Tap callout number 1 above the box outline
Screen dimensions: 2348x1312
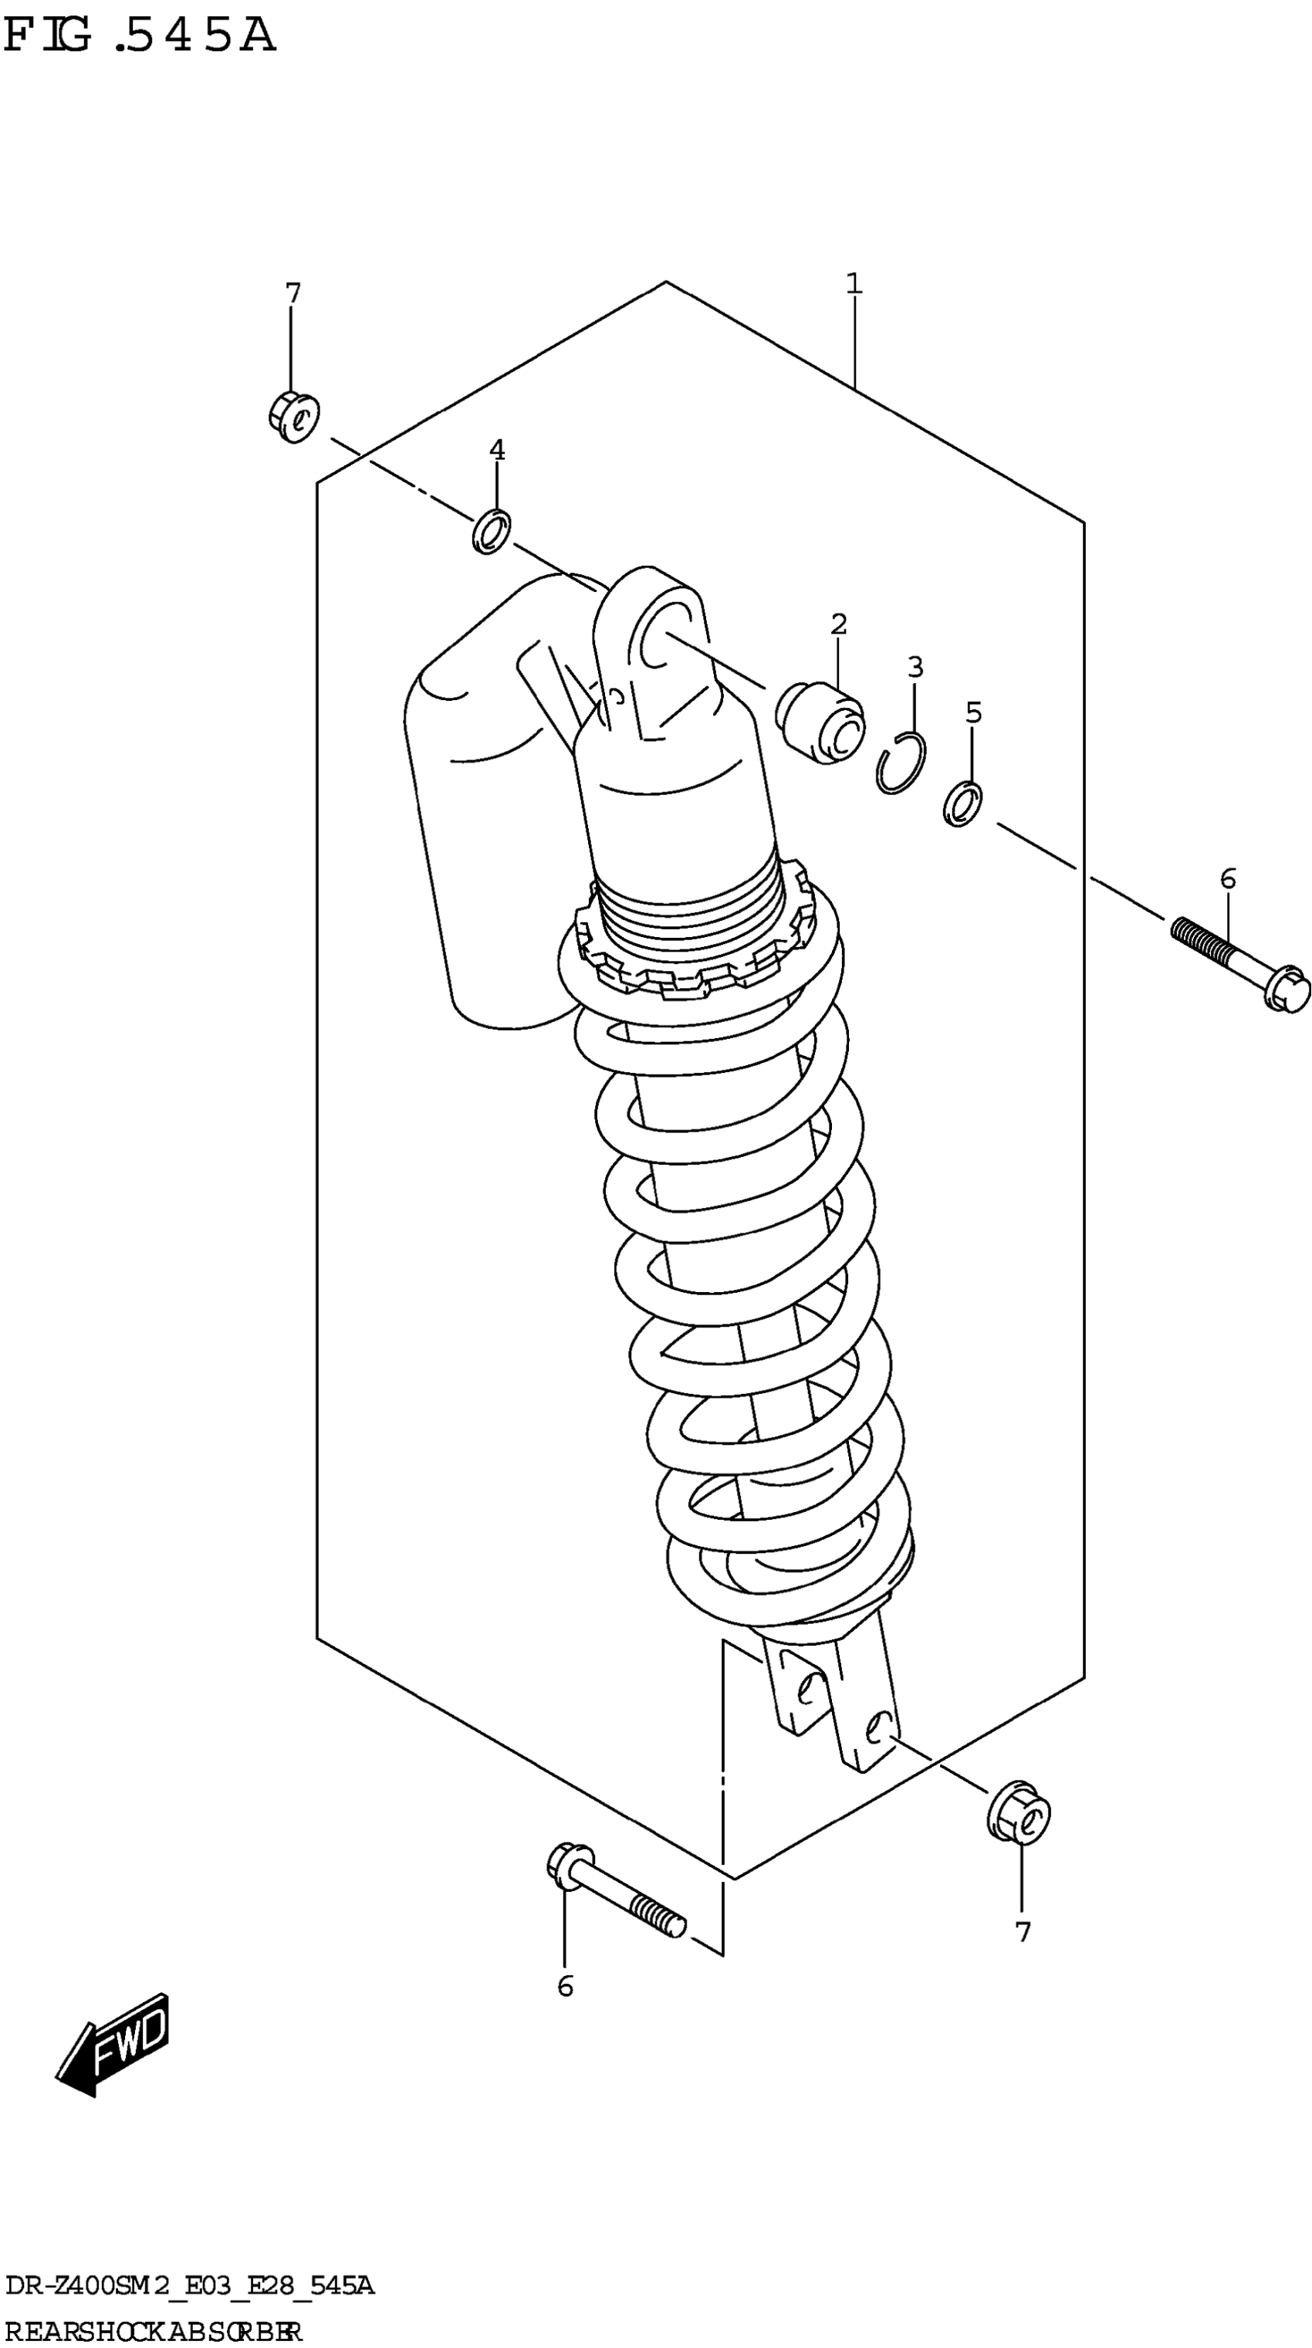pyautogui.click(x=854, y=283)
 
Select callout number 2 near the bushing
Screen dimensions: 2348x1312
pyautogui.click(x=838, y=624)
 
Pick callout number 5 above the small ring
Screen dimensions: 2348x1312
pyautogui.click(x=973, y=712)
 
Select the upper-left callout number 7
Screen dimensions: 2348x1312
pyautogui.click(x=292, y=293)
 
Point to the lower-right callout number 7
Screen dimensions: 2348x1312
pyautogui.click(x=1023, y=1931)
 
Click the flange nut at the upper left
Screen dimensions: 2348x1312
pyautogui.click(x=293, y=417)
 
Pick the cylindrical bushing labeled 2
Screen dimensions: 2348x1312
pyautogui.click(x=819, y=722)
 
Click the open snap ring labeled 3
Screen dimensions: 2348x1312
pyautogui.click(x=901, y=763)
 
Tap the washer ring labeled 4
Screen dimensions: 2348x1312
pyautogui.click(x=491, y=531)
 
